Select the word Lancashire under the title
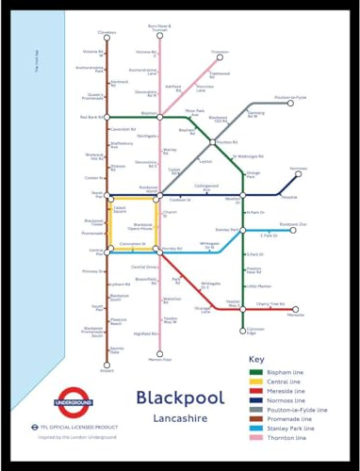point(180,418)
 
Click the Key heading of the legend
point(256,359)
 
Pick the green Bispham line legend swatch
point(255,372)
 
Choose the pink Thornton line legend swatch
point(255,438)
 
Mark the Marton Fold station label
point(160,359)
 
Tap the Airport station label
point(106,370)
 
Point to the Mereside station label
point(295,315)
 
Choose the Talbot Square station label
point(120,208)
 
